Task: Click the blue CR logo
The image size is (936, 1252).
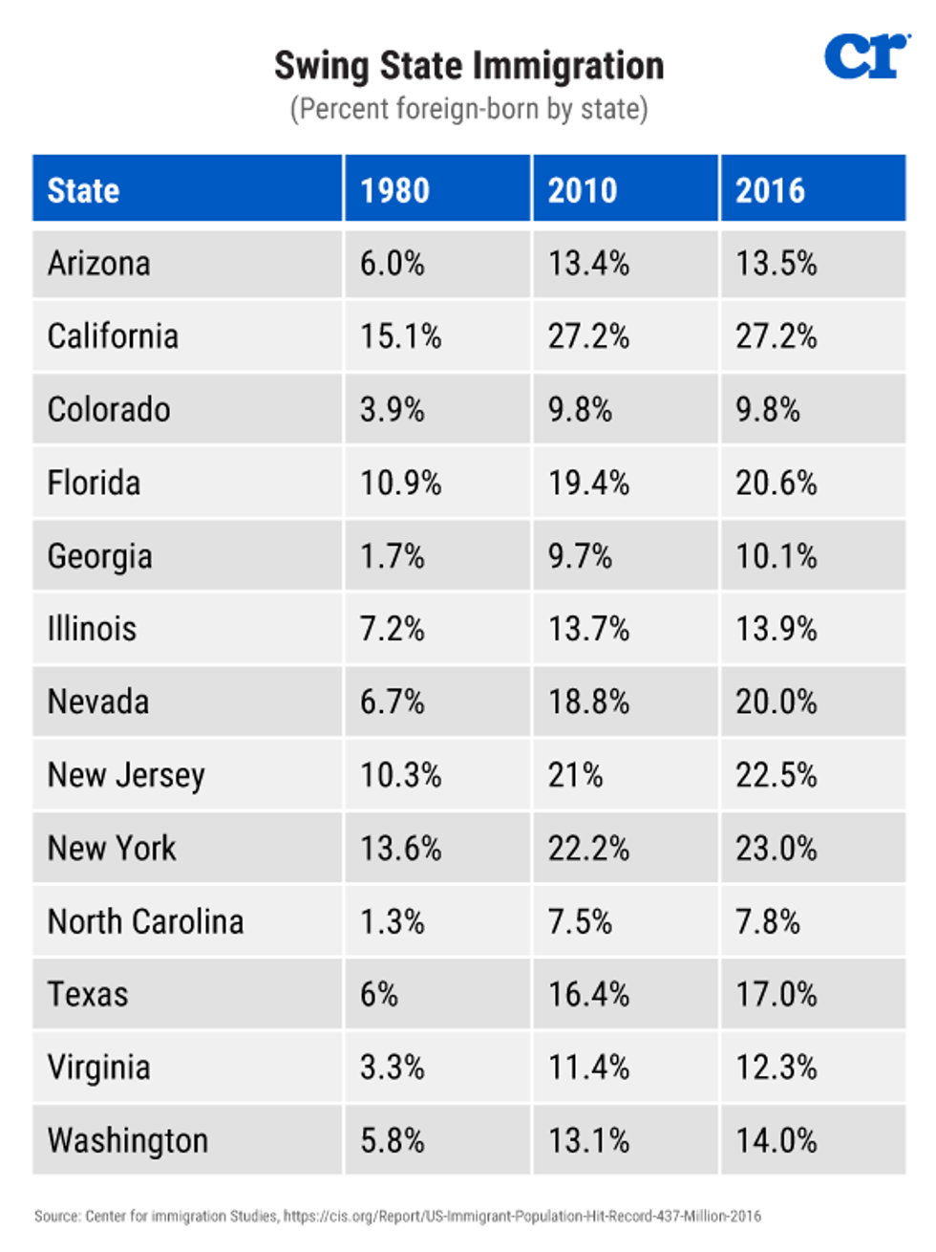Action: (x=866, y=56)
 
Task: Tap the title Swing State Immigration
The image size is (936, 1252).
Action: (x=468, y=66)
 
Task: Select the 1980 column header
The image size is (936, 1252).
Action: (x=394, y=190)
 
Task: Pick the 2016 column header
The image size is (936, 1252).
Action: (x=770, y=190)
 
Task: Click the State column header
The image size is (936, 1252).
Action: (x=83, y=190)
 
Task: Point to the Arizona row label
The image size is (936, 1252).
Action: (x=98, y=263)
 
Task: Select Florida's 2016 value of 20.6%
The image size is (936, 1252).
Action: (x=776, y=483)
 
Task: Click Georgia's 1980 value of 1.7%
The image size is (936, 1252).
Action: (x=392, y=556)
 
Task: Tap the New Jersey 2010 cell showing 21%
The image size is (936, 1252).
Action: (x=575, y=775)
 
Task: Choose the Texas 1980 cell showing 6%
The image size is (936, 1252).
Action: (x=378, y=994)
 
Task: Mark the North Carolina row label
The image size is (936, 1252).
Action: (x=145, y=921)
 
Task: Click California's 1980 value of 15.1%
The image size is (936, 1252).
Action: (x=400, y=336)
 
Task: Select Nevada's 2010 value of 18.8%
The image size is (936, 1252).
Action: (x=588, y=702)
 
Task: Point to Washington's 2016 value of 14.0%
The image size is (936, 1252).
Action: (x=776, y=1140)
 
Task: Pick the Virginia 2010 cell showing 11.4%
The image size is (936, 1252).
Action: (x=588, y=1068)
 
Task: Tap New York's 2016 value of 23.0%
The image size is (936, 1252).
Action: (x=776, y=849)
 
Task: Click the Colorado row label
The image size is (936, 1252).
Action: (x=109, y=409)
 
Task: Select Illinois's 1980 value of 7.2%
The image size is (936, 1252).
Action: (x=392, y=629)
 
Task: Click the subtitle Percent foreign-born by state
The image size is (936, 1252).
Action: (x=468, y=109)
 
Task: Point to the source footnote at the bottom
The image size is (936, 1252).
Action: (x=397, y=1216)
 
